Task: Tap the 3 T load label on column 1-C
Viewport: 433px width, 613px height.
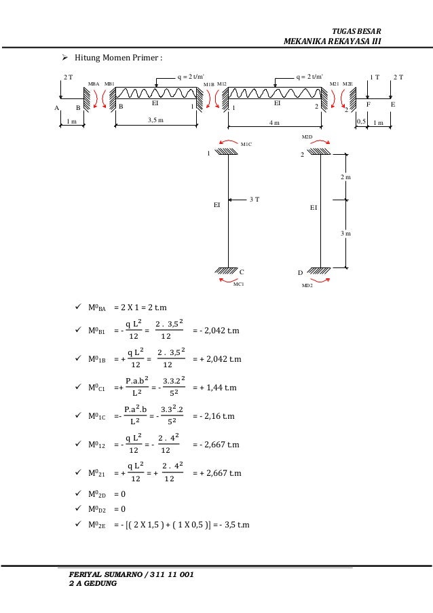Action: [x=256, y=199]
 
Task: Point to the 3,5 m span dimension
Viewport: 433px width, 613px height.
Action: [x=156, y=120]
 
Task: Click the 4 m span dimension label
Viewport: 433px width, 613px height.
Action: [x=276, y=122]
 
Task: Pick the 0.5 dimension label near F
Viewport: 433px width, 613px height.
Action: [x=361, y=122]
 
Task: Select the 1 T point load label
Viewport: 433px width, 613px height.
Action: [x=375, y=77]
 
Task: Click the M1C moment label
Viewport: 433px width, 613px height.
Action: [x=246, y=145]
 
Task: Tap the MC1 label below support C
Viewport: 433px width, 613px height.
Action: [x=238, y=285]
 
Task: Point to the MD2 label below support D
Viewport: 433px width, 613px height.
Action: [x=307, y=286]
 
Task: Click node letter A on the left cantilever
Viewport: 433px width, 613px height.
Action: [x=57, y=107]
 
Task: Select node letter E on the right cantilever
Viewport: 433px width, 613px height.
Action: [x=392, y=105]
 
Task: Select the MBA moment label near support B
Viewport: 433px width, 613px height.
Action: [x=94, y=83]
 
